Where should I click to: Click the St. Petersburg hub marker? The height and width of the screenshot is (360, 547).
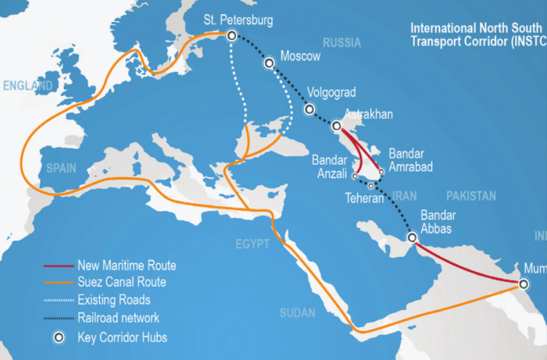click(231, 35)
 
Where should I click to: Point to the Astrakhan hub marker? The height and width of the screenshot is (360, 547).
click(336, 125)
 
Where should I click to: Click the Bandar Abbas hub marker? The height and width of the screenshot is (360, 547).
click(412, 237)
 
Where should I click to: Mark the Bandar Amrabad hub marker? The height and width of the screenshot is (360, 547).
click(381, 173)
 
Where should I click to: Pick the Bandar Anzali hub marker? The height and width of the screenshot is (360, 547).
click(353, 176)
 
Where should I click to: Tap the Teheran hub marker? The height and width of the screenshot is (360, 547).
click(371, 186)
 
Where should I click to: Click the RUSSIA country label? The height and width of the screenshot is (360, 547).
click(341, 42)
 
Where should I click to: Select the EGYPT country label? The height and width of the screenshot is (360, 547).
click(252, 244)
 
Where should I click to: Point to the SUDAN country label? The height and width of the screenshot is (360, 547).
click(297, 313)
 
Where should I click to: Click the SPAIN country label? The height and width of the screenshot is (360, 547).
click(60, 168)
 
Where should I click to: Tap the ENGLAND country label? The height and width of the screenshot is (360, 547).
click(27, 84)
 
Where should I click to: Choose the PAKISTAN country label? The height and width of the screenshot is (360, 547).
click(471, 195)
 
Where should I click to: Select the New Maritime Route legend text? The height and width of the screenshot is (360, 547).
click(127, 266)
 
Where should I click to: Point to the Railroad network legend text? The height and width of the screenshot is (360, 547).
click(118, 317)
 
